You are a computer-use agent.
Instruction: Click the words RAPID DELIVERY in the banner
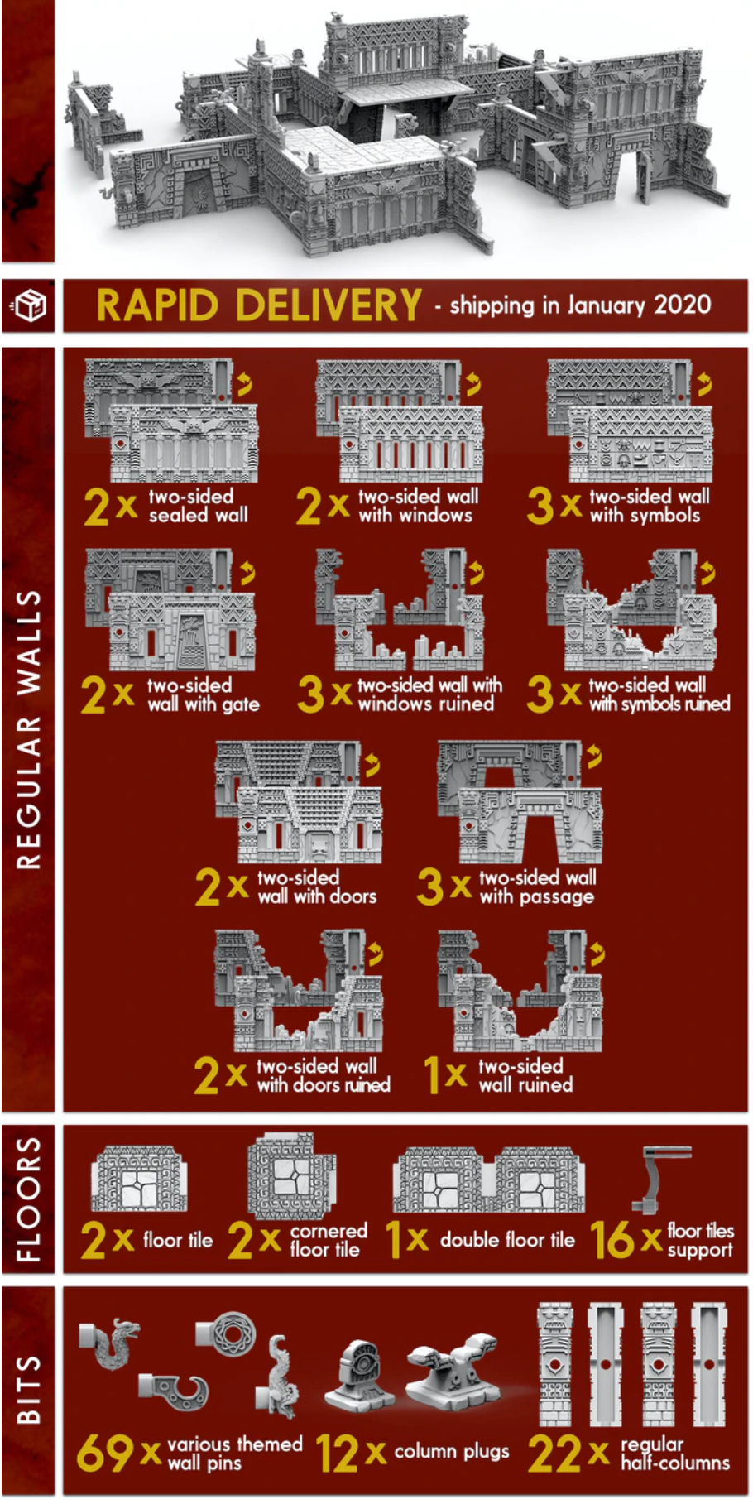(x=259, y=305)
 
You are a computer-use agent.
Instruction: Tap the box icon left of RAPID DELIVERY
(x=29, y=305)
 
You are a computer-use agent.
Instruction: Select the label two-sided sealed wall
(x=199, y=506)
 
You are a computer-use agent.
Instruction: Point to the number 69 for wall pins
(x=105, y=1454)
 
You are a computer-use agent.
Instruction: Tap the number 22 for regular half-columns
(x=557, y=1454)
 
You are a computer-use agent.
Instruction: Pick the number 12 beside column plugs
(x=337, y=1454)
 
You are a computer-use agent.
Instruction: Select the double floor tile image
(x=489, y=1179)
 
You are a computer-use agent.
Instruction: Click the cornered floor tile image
(x=291, y=1176)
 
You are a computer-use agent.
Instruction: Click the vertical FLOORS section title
(x=29, y=1199)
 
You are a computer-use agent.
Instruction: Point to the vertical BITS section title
(x=29, y=1390)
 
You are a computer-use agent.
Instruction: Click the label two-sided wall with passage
(x=537, y=887)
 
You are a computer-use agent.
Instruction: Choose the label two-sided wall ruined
(x=525, y=1075)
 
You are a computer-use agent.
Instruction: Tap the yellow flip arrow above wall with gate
(x=247, y=572)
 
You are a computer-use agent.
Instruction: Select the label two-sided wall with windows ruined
(x=429, y=694)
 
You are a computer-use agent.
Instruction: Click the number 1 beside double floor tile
(x=394, y=1240)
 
